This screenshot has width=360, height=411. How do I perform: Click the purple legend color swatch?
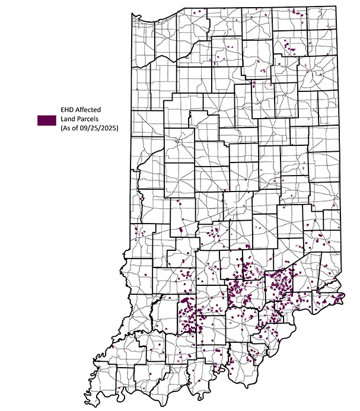44,119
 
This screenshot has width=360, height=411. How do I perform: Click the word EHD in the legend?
69,110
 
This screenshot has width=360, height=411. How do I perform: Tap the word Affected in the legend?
91,110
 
